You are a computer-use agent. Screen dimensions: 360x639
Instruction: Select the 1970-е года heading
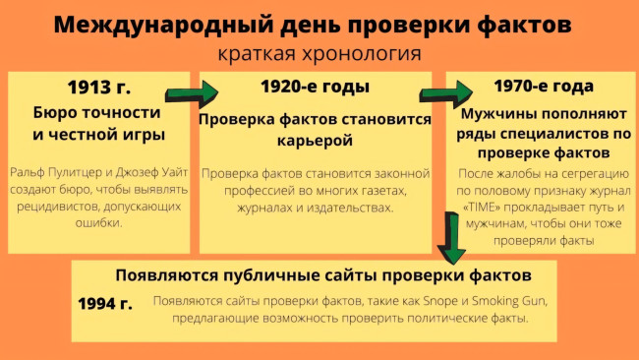click(x=545, y=87)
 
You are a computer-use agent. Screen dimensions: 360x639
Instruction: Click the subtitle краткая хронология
click(x=319, y=53)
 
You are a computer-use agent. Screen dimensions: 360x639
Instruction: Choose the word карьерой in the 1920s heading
click(x=315, y=139)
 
